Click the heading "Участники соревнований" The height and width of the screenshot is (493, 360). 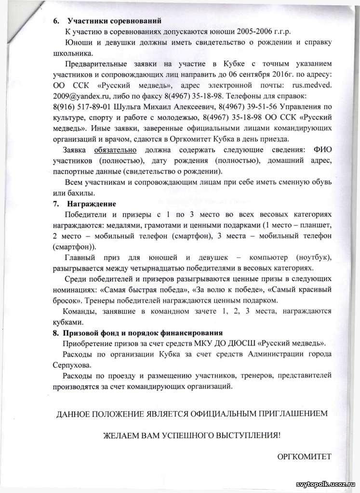(x=114, y=21)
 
